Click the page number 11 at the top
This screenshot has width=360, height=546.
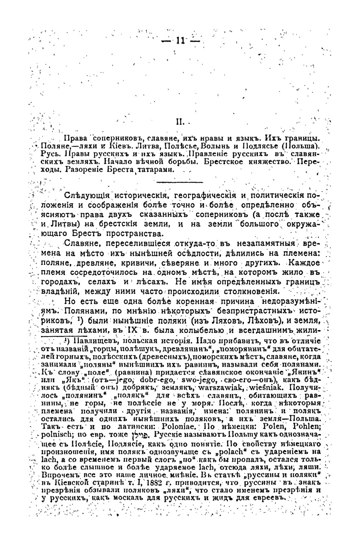180,41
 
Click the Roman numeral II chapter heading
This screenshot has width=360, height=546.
179,122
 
